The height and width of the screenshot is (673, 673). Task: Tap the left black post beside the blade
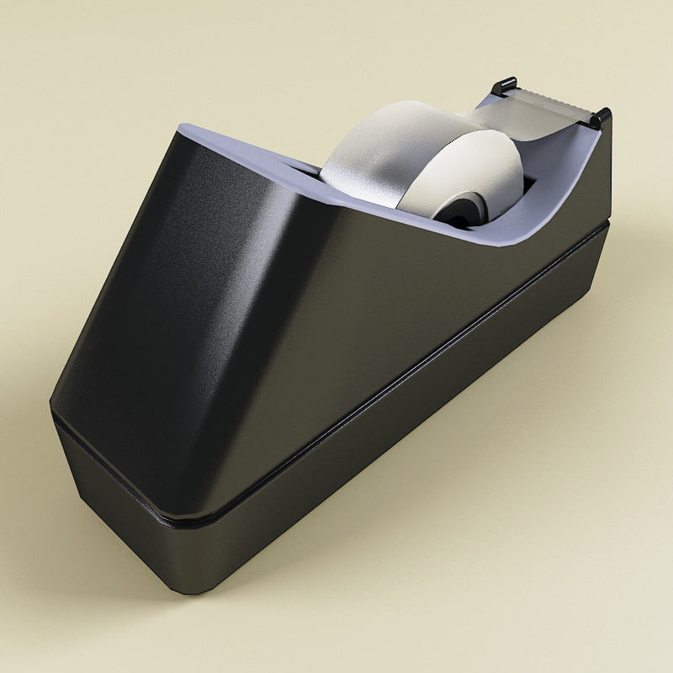502,87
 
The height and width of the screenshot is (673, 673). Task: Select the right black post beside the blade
600,118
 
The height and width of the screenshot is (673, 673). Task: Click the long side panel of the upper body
404,320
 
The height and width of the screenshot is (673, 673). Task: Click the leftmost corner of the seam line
52,411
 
